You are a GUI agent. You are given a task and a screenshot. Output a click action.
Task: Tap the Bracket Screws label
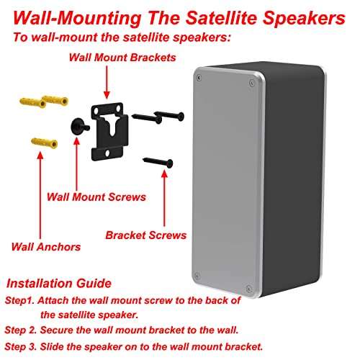pos(146,235)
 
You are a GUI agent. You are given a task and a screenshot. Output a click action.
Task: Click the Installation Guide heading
pos(58,283)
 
